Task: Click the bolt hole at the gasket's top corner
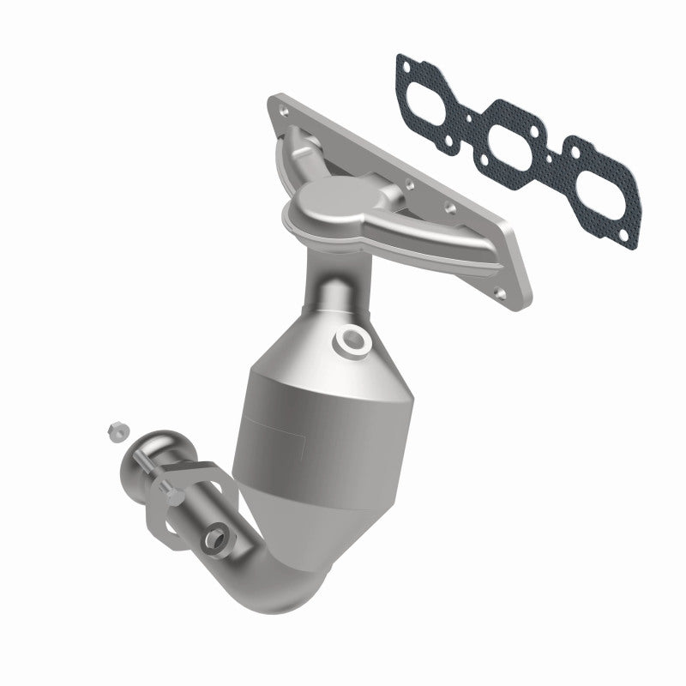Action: coord(403,63)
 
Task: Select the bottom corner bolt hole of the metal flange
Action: coord(495,282)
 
